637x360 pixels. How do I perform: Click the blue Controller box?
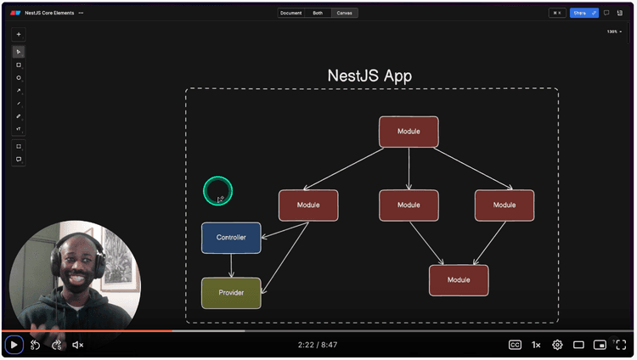[x=231, y=238]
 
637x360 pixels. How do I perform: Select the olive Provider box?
[x=231, y=293]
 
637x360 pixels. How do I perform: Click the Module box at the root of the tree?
[x=409, y=132]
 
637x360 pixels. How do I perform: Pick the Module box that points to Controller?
[x=308, y=205]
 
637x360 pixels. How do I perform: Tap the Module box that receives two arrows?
[x=459, y=280]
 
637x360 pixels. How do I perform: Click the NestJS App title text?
[x=369, y=76]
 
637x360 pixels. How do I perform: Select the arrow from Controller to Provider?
[x=231, y=265]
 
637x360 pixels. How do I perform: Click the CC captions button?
[x=515, y=345]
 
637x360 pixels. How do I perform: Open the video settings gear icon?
[x=558, y=345]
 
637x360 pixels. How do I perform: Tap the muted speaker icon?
[x=77, y=345]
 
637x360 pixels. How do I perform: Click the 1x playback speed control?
[x=537, y=345]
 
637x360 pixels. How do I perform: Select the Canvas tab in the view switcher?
[x=344, y=13]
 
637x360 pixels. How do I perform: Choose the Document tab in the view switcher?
[x=291, y=13]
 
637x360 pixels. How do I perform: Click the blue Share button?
[x=581, y=13]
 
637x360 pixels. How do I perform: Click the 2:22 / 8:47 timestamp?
[x=318, y=345]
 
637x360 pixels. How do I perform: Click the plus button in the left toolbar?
[x=19, y=35]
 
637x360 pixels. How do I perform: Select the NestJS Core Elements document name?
[x=49, y=13]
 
